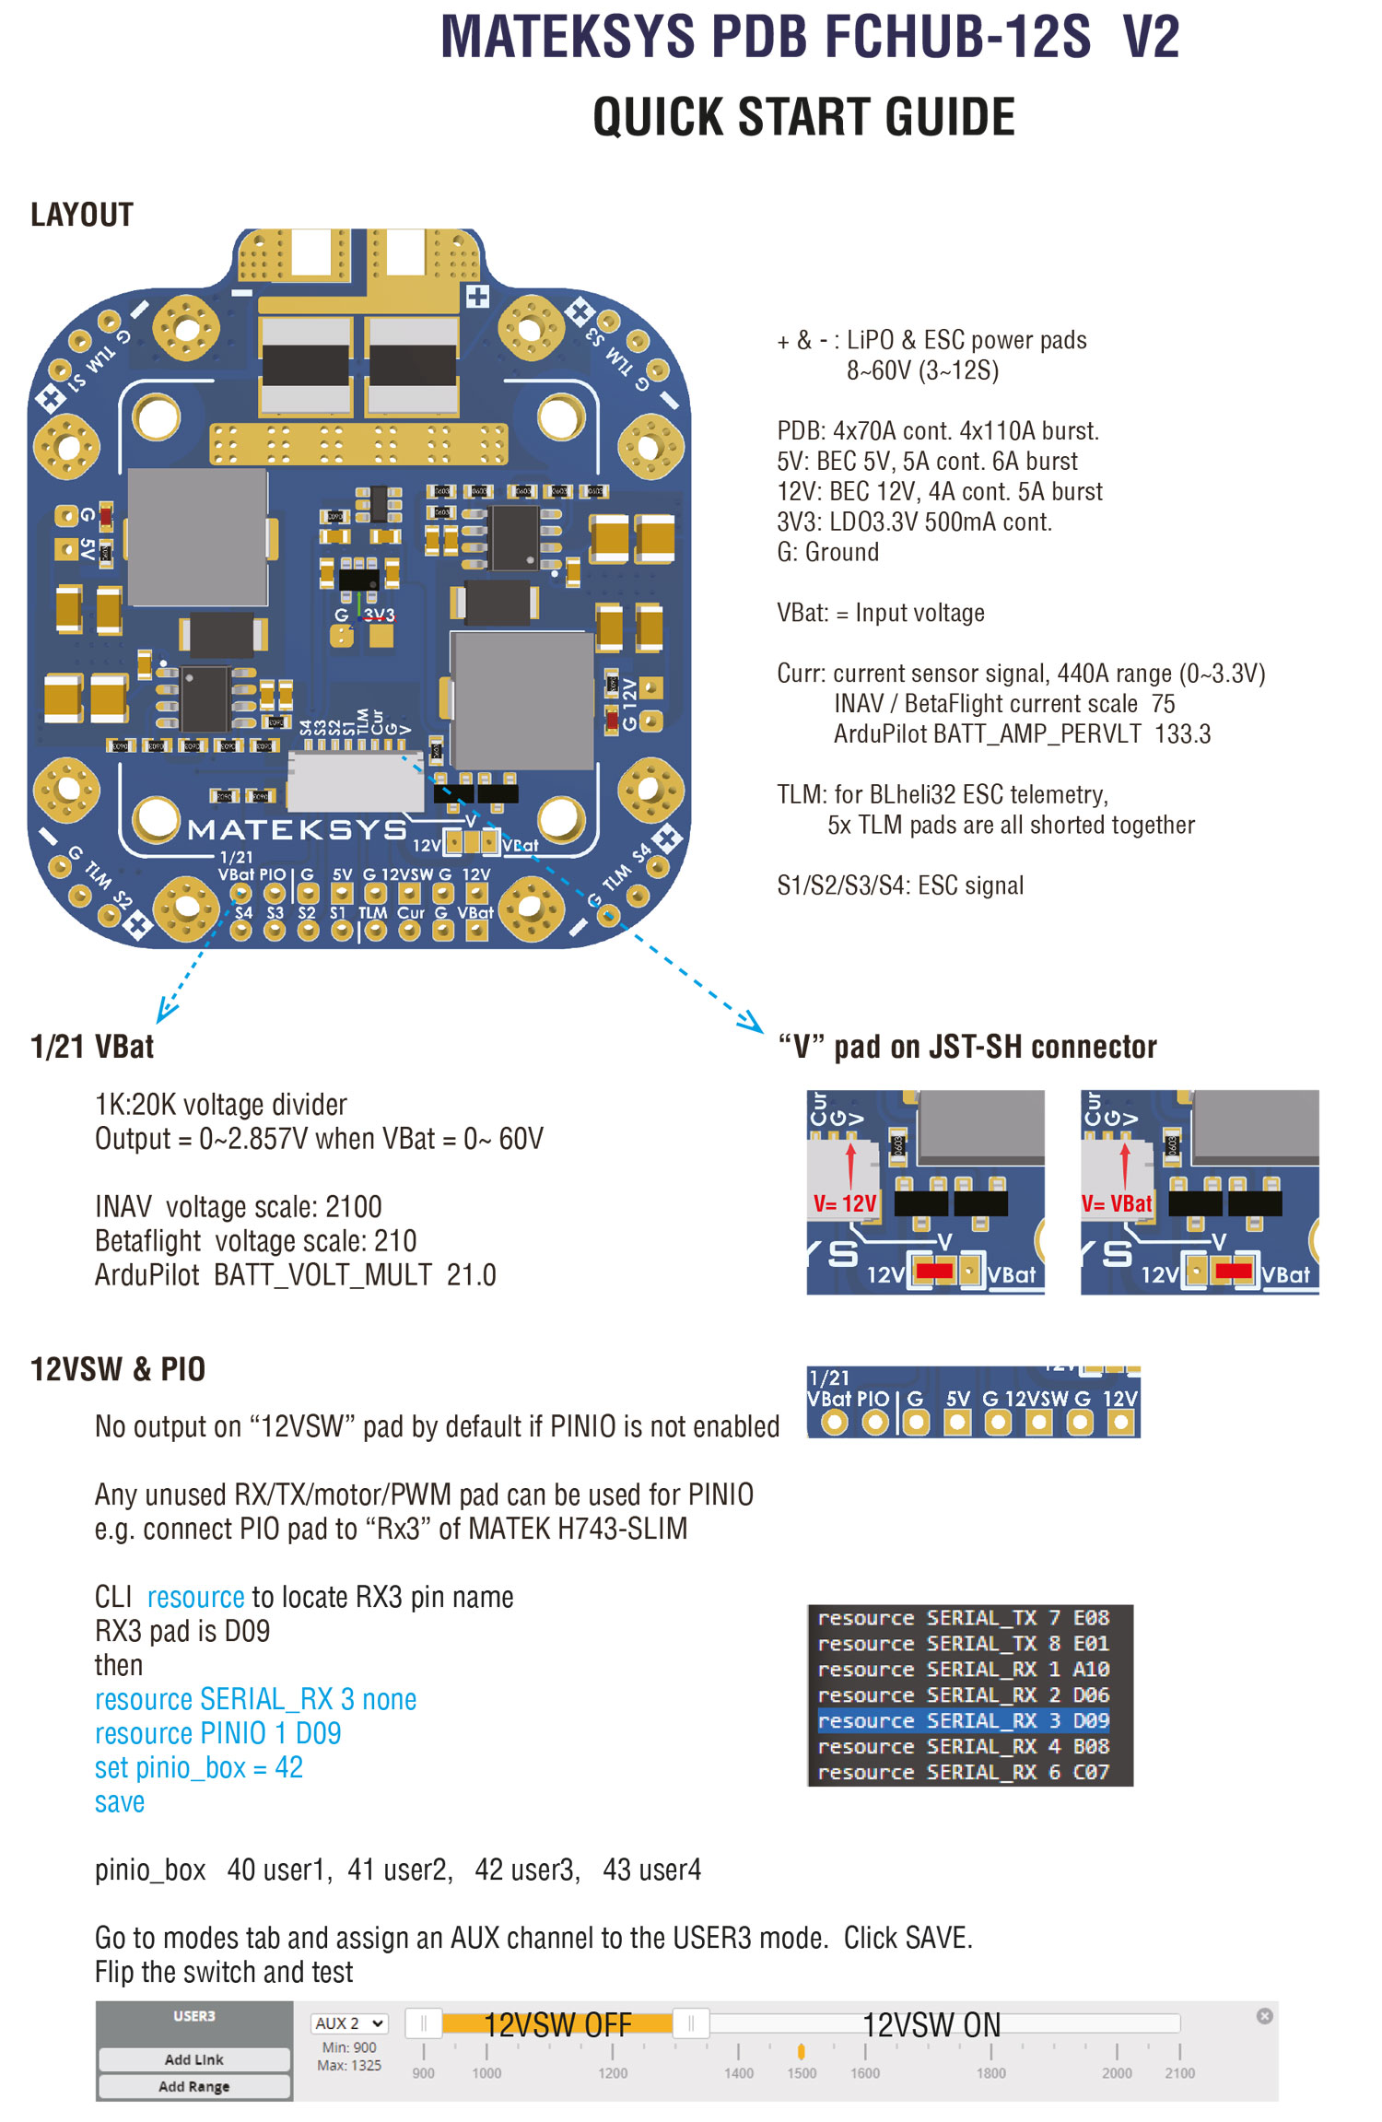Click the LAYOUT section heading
tap(82, 215)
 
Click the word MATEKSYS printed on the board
tap(297, 829)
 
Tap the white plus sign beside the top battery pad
tap(477, 297)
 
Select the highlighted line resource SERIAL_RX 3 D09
tap(963, 1720)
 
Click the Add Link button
tap(194, 2059)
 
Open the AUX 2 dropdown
tap(349, 2023)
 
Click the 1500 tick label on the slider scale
tap(802, 2073)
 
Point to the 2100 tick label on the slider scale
tap(1179, 2073)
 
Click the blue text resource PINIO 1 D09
tap(218, 1733)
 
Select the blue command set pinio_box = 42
tap(199, 1767)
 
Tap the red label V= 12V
tap(845, 1203)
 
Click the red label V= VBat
tap(1117, 1203)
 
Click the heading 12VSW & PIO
tap(118, 1369)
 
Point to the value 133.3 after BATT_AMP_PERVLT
tap(1184, 734)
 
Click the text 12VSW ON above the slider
tap(931, 2025)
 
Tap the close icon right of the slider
tap(1265, 2016)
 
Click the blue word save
tap(120, 1801)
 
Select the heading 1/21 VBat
tap(92, 1047)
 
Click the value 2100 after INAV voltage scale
tap(354, 1206)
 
